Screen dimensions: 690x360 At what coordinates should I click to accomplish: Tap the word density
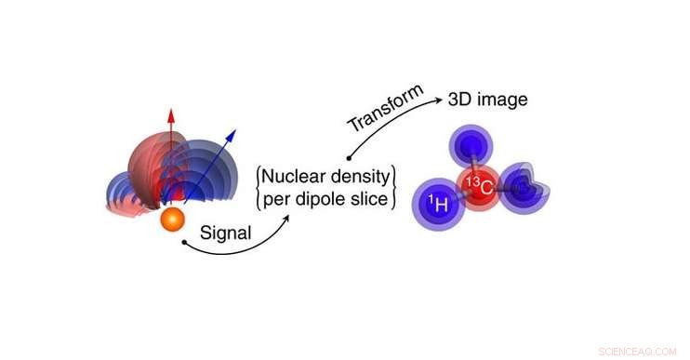pyautogui.click(x=362, y=176)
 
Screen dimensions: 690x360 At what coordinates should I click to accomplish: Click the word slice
pyautogui.click(x=376, y=199)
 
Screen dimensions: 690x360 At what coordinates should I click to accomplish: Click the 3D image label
pyautogui.click(x=487, y=100)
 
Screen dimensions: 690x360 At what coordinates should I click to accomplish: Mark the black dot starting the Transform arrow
pyautogui.click(x=348, y=159)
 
